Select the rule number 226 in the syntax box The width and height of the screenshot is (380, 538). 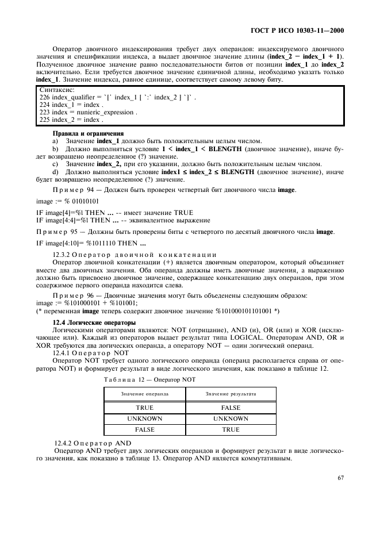click(44, 98)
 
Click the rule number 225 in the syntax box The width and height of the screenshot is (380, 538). click(44, 120)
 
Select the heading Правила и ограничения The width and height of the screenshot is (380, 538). click(84, 133)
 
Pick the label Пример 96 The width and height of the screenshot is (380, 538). click(71, 295)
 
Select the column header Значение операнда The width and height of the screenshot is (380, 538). click(144, 394)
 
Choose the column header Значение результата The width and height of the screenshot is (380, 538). click(231, 394)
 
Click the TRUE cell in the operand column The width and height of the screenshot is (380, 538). click(144, 408)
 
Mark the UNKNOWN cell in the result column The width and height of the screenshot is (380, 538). click(231, 418)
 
